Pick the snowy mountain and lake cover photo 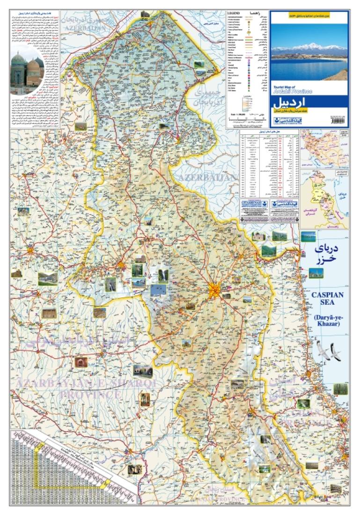(309, 53)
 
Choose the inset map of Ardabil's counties (325, 199)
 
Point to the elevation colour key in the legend (246, 103)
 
